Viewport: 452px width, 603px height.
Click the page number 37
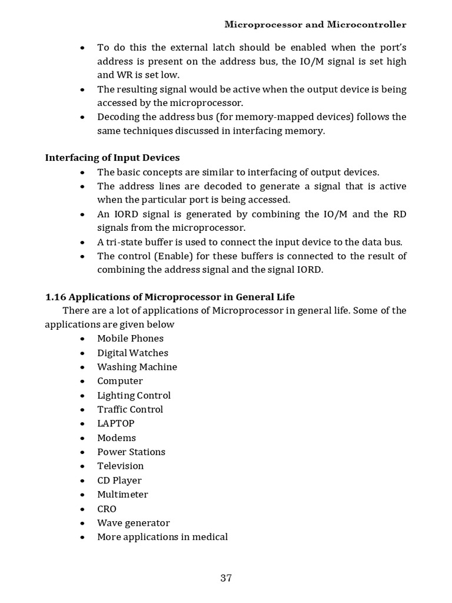(226, 578)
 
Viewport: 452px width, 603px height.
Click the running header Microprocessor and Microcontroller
(315, 25)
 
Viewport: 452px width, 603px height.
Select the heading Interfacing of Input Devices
(112, 157)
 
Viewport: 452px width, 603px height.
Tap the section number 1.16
(56, 296)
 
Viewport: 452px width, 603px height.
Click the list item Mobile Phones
(130, 339)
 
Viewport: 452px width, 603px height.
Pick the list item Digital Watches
(132, 353)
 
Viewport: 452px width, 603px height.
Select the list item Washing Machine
(137, 367)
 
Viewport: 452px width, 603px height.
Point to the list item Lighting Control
(134, 395)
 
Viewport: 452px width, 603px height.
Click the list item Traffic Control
(130, 409)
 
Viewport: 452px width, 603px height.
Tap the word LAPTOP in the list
(116, 423)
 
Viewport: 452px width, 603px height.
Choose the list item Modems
(117, 438)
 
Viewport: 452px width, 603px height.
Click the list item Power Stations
(131, 452)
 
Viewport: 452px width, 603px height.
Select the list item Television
(120, 466)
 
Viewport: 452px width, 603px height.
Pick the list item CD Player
(119, 480)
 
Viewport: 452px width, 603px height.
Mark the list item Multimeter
(122, 494)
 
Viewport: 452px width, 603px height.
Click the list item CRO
(107, 509)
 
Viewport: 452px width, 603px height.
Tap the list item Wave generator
(134, 523)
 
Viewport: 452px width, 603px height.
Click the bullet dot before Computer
(84, 382)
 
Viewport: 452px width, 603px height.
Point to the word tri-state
(124, 242)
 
